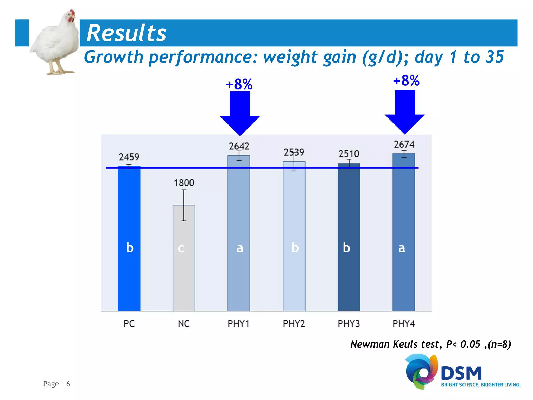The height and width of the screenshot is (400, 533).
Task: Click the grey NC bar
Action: pos(184,260)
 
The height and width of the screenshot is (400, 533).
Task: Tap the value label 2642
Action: pos(239,146)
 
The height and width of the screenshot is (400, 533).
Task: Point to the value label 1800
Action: pos(184,183)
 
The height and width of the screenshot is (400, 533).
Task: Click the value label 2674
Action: pos(404,144)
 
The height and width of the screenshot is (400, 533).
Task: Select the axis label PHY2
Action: pos(294,324)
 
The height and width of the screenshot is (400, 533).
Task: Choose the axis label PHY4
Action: pos(404,324)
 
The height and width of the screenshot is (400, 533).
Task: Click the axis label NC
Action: pos(184,324)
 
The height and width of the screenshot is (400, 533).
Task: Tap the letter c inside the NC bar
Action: pos(181,248)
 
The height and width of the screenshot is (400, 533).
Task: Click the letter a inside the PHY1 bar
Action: pos(240,248)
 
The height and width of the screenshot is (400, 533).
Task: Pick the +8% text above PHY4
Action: pos(406,80)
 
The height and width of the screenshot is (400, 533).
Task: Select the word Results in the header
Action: pos(126,33)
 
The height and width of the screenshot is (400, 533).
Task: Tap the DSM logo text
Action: pos(461,373)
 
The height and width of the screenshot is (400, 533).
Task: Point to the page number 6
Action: pos(68,384)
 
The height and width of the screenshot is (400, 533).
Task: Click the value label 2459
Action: pos(129,157)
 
